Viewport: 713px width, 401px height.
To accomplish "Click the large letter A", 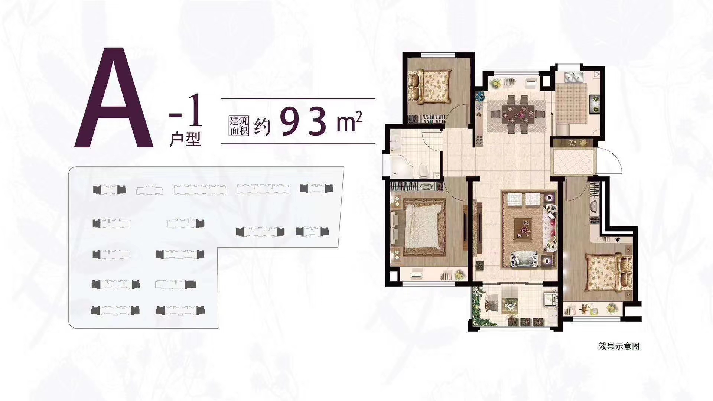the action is point(114,98).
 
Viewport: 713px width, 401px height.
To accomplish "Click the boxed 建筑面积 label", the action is point(238,125).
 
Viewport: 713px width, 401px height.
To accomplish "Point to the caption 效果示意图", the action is point(619,346).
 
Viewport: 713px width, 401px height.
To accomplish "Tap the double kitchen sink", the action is point(574,78).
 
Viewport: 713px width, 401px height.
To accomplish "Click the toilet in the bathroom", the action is point(423,171).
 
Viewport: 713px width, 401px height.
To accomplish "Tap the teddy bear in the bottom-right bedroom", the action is point(584,308).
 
